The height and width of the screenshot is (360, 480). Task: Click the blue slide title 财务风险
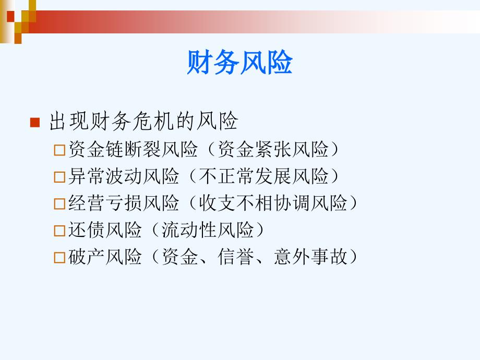[x=240, y=62]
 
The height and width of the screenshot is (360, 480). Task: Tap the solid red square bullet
[x=35, y=122]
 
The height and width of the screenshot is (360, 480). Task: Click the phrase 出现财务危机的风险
[x=143, y=121]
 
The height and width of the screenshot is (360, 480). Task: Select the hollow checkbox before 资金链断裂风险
[x=59, y=150]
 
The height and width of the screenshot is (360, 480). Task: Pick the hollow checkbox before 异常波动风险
[x=59, y=177]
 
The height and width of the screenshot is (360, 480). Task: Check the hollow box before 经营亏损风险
[x=59, y=203]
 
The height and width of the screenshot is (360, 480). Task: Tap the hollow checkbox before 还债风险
[x=59, y=231]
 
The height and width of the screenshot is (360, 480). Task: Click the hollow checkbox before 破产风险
[x=59, y=257]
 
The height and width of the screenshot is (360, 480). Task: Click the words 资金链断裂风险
[x=133, y=149]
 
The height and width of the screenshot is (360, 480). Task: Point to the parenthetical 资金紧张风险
[x=273, y=149]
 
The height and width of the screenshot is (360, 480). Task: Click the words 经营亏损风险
[x=124, y=202]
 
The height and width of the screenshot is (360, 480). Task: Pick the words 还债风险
[x=105, y=230]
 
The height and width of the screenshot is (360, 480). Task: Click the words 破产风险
[x=105, y=256]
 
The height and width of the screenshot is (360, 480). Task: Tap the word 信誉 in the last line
[x=236, y=256]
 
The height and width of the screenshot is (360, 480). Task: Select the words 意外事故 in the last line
[x=310, y=256]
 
